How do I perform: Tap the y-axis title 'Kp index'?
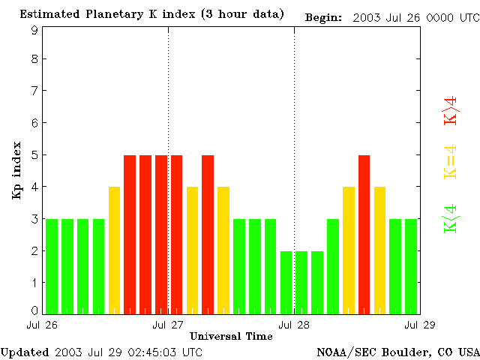[x=16, y=170]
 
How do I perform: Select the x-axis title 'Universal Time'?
[x=231, y=336]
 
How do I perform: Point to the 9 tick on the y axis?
[x=34, y=31]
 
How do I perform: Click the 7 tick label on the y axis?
[x=34, y=91]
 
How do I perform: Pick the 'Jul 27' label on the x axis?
[x=168, y=325]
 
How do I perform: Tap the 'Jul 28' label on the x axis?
[x=294, y=325]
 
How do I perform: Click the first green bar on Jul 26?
[x=52, y=266]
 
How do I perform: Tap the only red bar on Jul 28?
[x=364, y=234]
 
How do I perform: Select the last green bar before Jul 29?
[x=411, y=266]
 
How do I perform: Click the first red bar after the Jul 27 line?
[x=176, y=234]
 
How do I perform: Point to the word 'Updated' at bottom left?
[x=25, y=352]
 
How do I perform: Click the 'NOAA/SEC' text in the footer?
[x=341, y=352]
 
